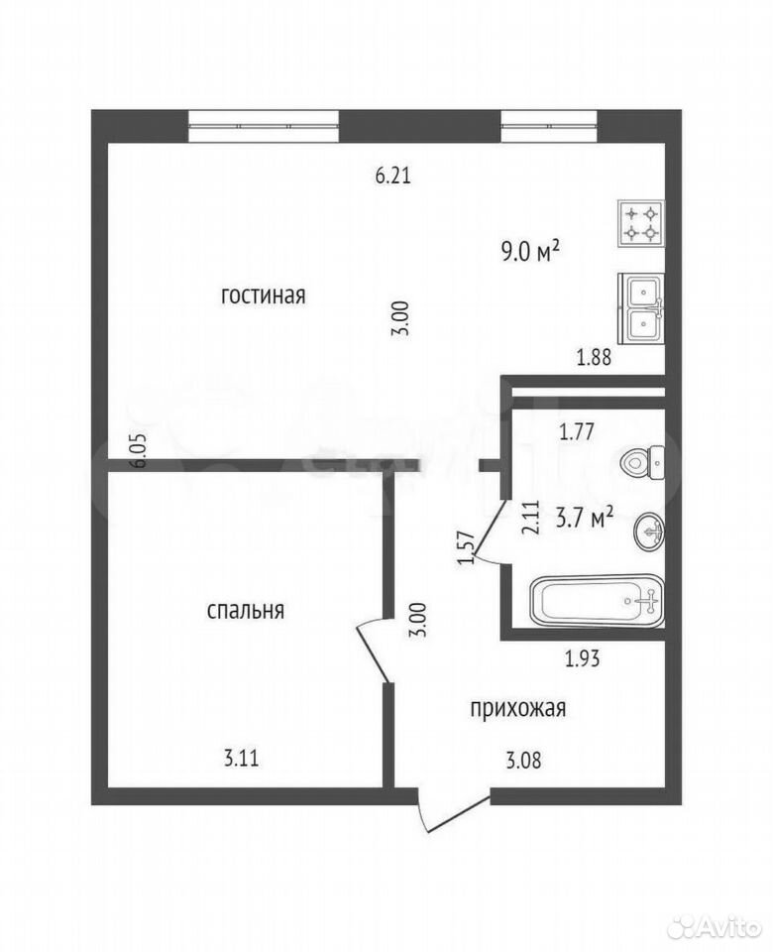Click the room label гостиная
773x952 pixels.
click(x=263, y=297)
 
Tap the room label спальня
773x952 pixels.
click(x=246, y=610)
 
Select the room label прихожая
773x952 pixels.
click(x=518, y=708)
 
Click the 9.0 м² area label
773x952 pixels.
click(x=530, y=251)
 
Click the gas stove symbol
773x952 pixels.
click(x=641, y=223)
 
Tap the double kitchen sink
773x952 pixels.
click(x=641, y=307)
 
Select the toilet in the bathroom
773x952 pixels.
click(x=642, y=463)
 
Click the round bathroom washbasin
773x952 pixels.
click(x=649, y=532)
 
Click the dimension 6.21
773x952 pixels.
click(x=393, y=177)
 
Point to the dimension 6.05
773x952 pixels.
click(x=139, y=450)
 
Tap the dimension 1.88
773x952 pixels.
click(x=594, y=358)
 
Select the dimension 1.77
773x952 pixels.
click(x=577, y=433)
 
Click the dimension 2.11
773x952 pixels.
click(x=531, y=517)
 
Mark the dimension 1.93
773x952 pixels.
click(x=583, y=657)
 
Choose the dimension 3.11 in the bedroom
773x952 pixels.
click(x=242, y=759)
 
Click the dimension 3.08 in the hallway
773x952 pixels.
click(x=523, y=760)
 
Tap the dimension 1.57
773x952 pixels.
click(x=466, y=547)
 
